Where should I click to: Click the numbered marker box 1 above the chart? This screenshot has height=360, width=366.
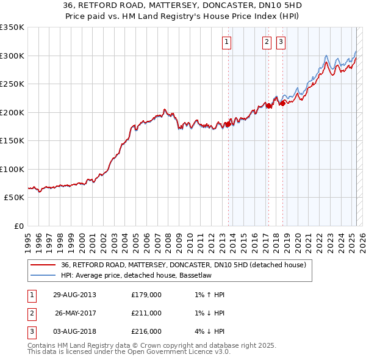(226, 42)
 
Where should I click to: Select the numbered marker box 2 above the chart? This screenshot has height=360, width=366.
(267, 42)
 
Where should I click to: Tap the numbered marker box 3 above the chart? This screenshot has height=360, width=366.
(281, 42)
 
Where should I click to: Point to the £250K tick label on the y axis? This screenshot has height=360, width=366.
(12, 84)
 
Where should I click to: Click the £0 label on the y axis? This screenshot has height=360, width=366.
(18, 226)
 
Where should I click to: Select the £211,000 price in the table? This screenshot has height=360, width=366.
(146, 314)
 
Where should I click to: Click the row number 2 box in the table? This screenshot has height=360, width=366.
(31, 314)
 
